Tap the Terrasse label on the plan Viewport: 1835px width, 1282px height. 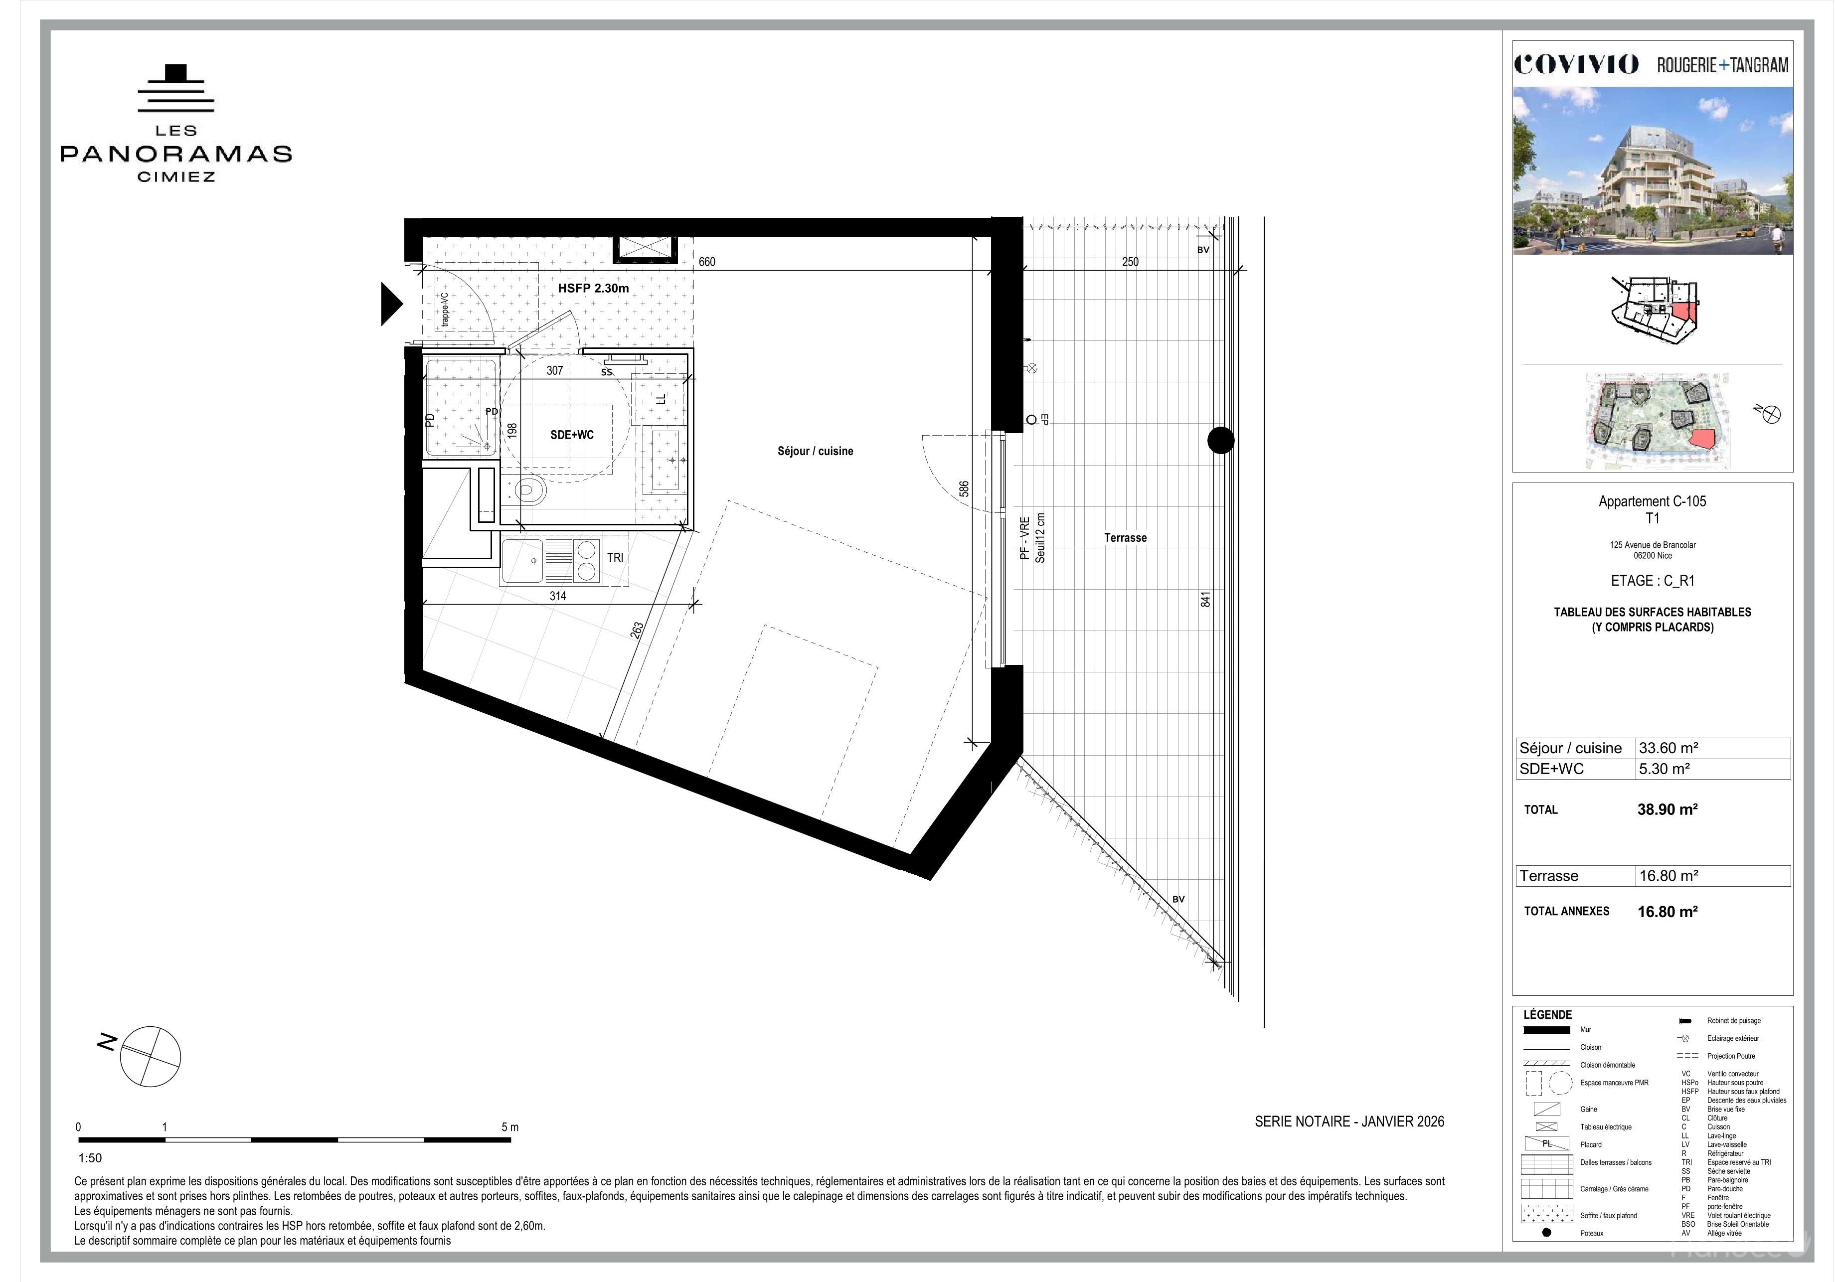coord(1125,538)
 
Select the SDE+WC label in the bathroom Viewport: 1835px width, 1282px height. coord(572,435)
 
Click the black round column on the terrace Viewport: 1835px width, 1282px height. coord(1220,441)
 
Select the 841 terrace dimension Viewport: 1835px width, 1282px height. coord(1206,599)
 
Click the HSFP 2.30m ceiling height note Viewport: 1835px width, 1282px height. coord(593,288)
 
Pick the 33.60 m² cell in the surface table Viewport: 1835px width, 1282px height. coord(1669,748)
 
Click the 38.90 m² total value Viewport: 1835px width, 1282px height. coord(1667,809)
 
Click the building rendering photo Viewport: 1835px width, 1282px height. coord(1653,170)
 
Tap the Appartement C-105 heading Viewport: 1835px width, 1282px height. coord(1652,501)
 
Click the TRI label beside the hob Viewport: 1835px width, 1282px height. coord(615,558)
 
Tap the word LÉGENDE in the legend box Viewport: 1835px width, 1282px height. coord(1548,1015)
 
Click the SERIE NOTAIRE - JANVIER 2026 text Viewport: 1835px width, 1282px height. coord(1349,1122)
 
